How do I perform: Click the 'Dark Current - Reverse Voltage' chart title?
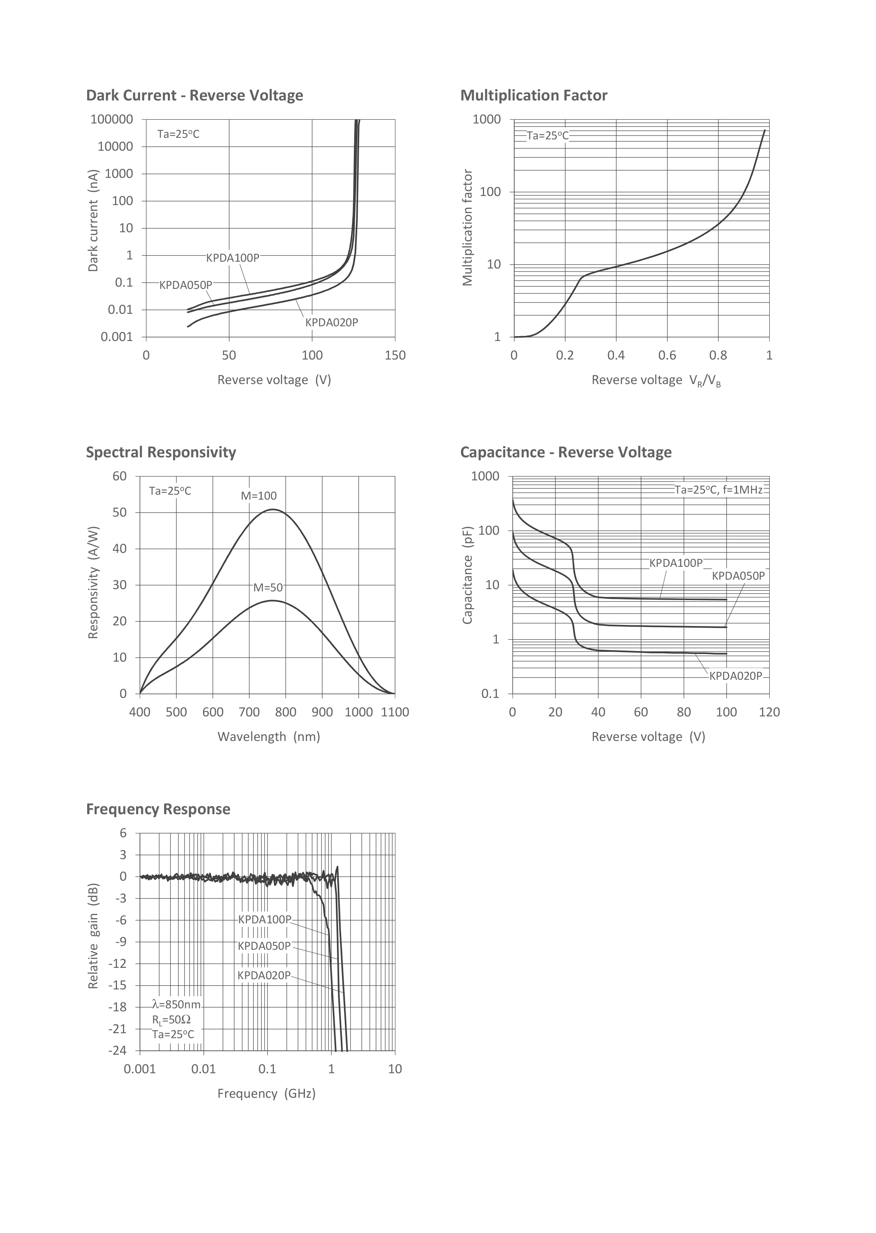(194, 96)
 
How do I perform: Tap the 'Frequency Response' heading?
(158, 809)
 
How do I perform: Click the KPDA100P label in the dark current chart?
(232, 258)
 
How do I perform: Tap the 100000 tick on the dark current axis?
(112, 119)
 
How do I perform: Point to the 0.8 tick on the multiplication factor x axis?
(718, 356)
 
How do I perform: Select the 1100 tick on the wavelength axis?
(395, 713)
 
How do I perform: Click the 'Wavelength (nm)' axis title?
(269, 737)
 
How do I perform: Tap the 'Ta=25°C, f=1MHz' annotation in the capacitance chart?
(718, 490)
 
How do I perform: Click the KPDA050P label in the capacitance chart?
(738, 576)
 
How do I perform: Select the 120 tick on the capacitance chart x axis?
(769, 713)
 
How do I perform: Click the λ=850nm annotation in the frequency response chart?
(177, 1005)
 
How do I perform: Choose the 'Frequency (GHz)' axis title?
(266, 1094)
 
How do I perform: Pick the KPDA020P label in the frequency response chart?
(264, 975)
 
